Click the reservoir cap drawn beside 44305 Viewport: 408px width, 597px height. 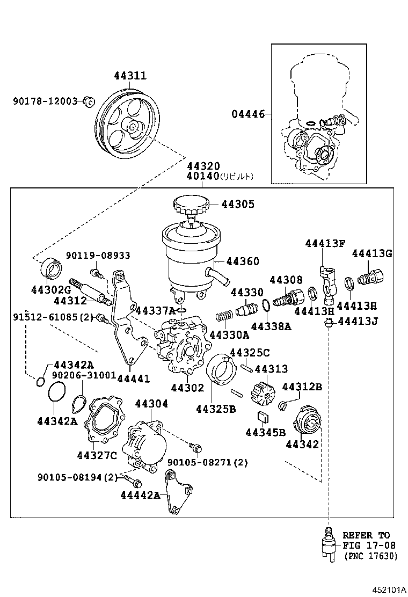tap(190, 205)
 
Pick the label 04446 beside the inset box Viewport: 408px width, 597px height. tap(248, 114)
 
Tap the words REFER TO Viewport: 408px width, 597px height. tap(367, 535)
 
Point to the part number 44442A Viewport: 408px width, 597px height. tap(140, 494)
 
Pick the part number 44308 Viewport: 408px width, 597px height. tap(286, 280)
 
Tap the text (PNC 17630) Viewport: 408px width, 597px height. tap(371, 556)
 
